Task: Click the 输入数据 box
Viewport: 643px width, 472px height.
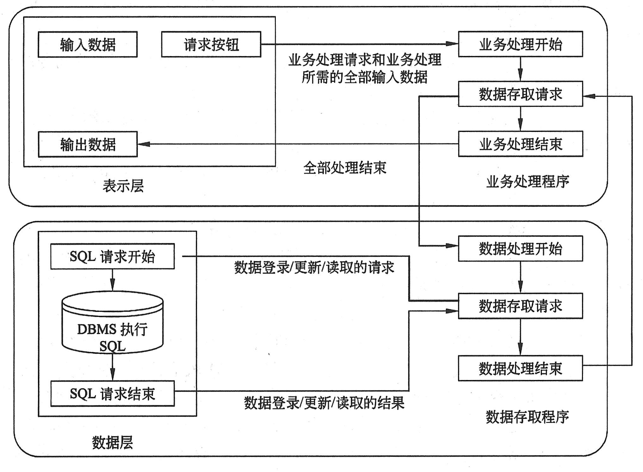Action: [x=88, y=44]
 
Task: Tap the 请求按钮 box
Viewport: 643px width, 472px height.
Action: [x=211, y=44]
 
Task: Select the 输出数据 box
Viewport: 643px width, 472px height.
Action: [x=88, y=144]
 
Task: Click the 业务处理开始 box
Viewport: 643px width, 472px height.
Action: [x=520, y=44]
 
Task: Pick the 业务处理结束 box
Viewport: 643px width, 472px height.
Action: [x=520, y=144]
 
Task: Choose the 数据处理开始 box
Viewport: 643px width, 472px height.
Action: [x=520, y=248]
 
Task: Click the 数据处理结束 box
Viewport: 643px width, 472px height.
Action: [x=520, y=368]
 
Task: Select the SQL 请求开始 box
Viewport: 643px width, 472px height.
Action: [x=112, y=256]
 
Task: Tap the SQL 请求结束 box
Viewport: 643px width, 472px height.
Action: [x=112, y=394]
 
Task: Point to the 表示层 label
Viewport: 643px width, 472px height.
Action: [x=123, y=186]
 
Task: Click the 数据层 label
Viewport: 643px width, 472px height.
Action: [x=112, y=442]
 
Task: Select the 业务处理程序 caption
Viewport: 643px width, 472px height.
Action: [x=527, y=182]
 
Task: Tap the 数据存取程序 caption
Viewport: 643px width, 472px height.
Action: [x=527, y=417]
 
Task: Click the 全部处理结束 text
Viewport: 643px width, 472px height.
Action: [x=345, y=168]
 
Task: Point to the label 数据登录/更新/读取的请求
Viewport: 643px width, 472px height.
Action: [x=314, y=268]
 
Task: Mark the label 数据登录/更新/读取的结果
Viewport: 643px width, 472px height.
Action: [x=324, y=403]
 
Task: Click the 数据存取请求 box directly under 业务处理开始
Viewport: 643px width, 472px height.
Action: [x=520, y=94]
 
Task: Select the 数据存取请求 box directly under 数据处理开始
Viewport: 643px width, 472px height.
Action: [x=520, y=306]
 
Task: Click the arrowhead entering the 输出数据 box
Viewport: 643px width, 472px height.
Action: [x=144, y=144]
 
